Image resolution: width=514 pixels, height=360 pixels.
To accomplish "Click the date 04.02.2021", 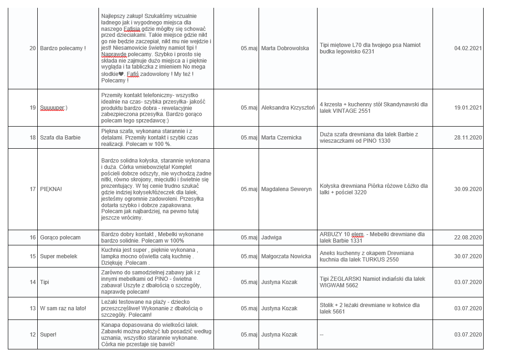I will tap(468, 48).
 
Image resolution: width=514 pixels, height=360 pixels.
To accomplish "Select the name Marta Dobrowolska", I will tap(285, 48).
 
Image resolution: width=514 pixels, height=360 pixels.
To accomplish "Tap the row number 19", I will tap(33, 108).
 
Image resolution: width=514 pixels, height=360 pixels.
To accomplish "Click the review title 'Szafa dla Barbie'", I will tap(60, 138).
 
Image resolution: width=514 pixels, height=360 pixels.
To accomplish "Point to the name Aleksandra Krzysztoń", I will tap(288, 108).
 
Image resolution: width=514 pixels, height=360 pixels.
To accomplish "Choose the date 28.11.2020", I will tap(468, 138).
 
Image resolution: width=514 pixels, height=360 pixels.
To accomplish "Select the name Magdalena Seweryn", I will tap(286, 189).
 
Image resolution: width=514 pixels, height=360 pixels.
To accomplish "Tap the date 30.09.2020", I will tap(468, 189).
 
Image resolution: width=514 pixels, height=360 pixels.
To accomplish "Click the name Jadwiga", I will tap(271, 238).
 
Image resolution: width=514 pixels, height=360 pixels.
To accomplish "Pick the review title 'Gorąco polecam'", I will tap(60, 238).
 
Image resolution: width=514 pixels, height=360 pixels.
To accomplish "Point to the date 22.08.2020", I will tap(468, 238).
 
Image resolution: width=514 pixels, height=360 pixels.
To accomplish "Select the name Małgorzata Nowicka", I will tap(286, 256).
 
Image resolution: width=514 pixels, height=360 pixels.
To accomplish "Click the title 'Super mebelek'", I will tap(58, 256).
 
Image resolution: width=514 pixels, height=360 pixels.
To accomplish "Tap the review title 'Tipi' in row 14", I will tap(45, 282).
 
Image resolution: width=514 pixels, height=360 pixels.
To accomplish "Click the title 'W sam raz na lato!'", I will tap(63, 308).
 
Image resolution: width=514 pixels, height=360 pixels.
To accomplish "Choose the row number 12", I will tap(33, 335).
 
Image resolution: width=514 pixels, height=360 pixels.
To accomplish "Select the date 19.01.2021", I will tap(468, 108).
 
